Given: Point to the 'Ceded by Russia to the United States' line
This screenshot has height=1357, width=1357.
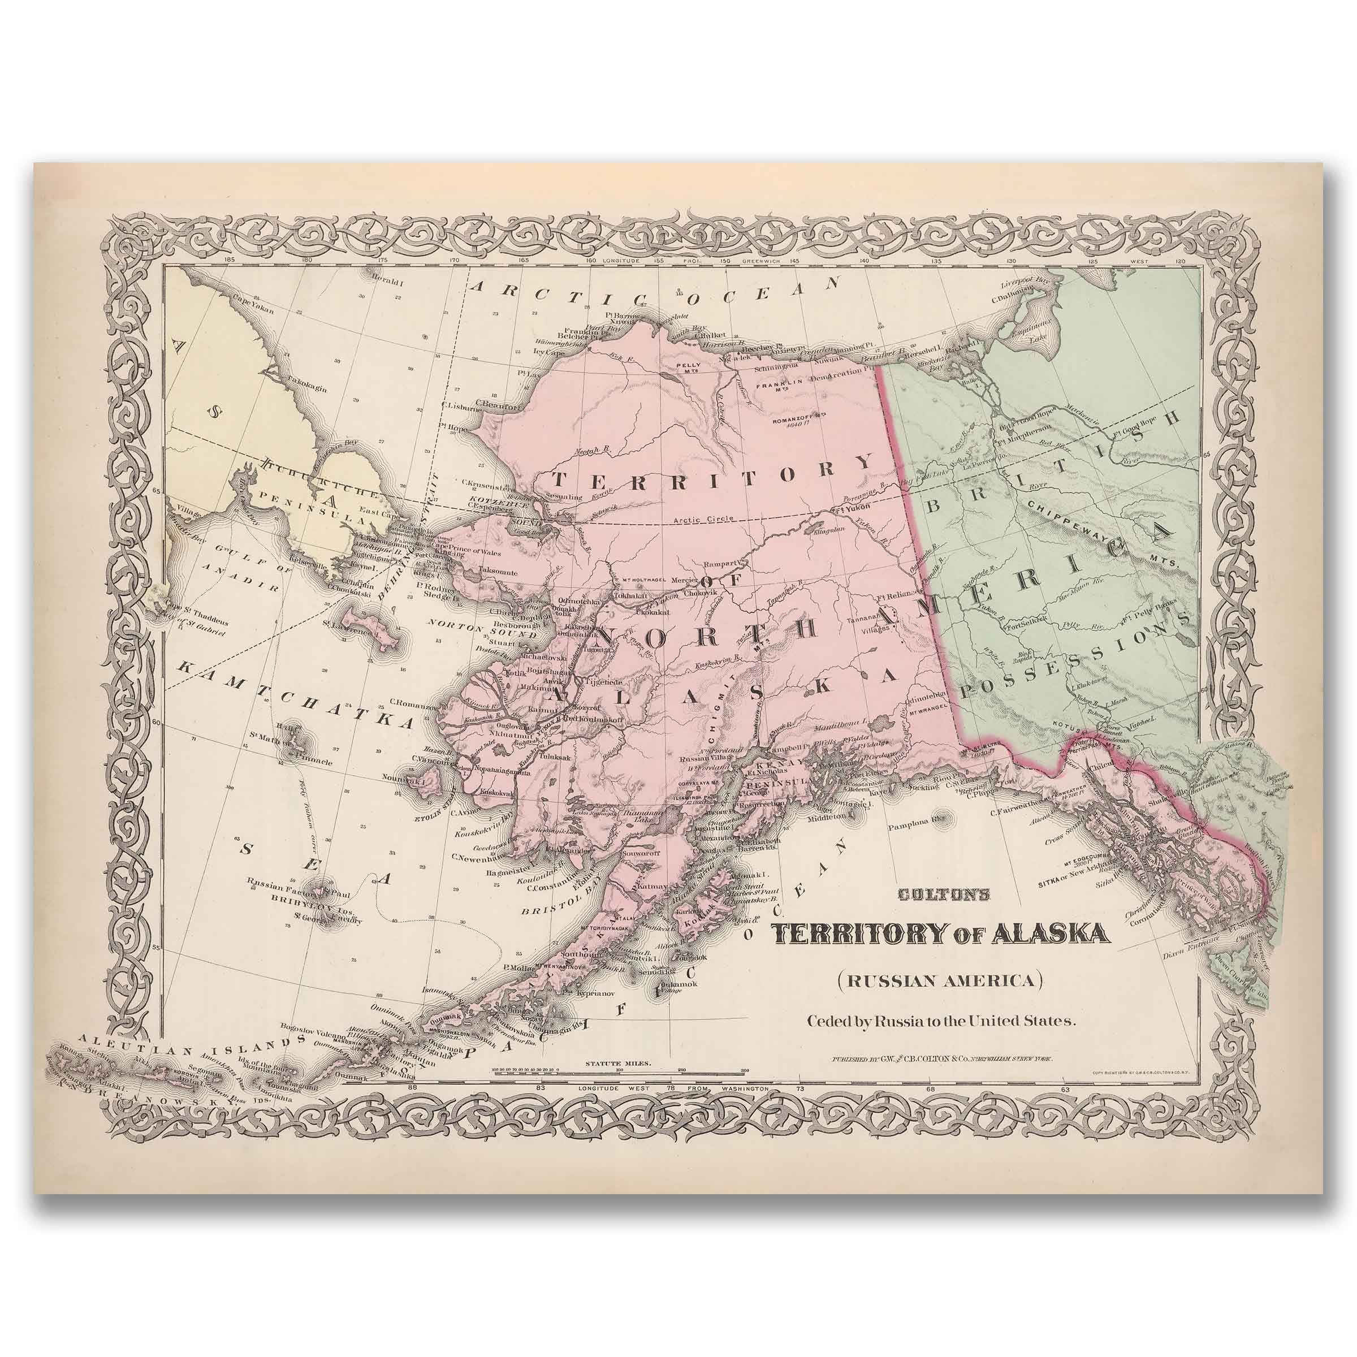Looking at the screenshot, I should pos(941,1021).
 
